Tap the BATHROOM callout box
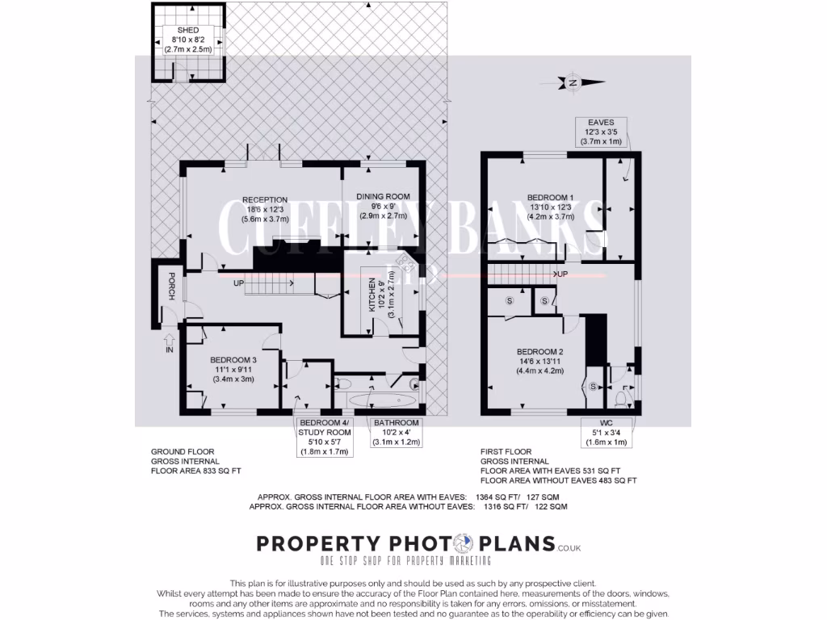(396, 433)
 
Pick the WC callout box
(607, 433)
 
